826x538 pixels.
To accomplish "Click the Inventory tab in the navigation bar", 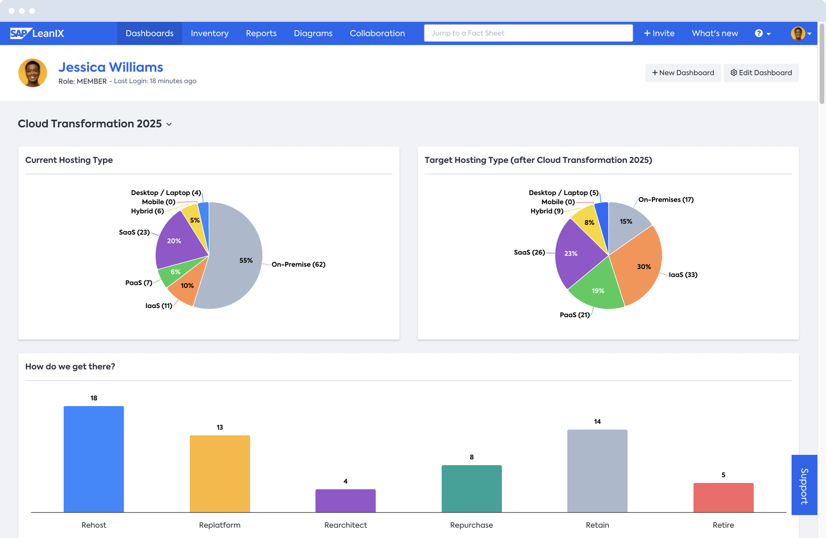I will pos(209,33).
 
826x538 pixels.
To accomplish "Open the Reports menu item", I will pos(261,33).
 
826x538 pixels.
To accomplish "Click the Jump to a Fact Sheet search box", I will pos(528,33).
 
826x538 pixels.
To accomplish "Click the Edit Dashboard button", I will pos(761,73).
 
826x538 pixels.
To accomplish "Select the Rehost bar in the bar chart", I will pos(94,459).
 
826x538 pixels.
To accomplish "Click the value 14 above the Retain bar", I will pos(597,422).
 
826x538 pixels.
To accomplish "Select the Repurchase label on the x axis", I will pos(471,525).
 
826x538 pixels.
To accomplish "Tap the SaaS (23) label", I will pos(134,232).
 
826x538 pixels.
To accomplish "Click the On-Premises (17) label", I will pos(666,200).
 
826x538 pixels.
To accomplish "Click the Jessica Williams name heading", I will pos(111,67).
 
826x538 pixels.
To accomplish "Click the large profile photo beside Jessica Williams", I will pos(33,73).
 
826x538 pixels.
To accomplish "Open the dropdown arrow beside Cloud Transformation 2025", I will pos(169,124).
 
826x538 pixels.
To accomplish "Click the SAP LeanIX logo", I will pos(37,33).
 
